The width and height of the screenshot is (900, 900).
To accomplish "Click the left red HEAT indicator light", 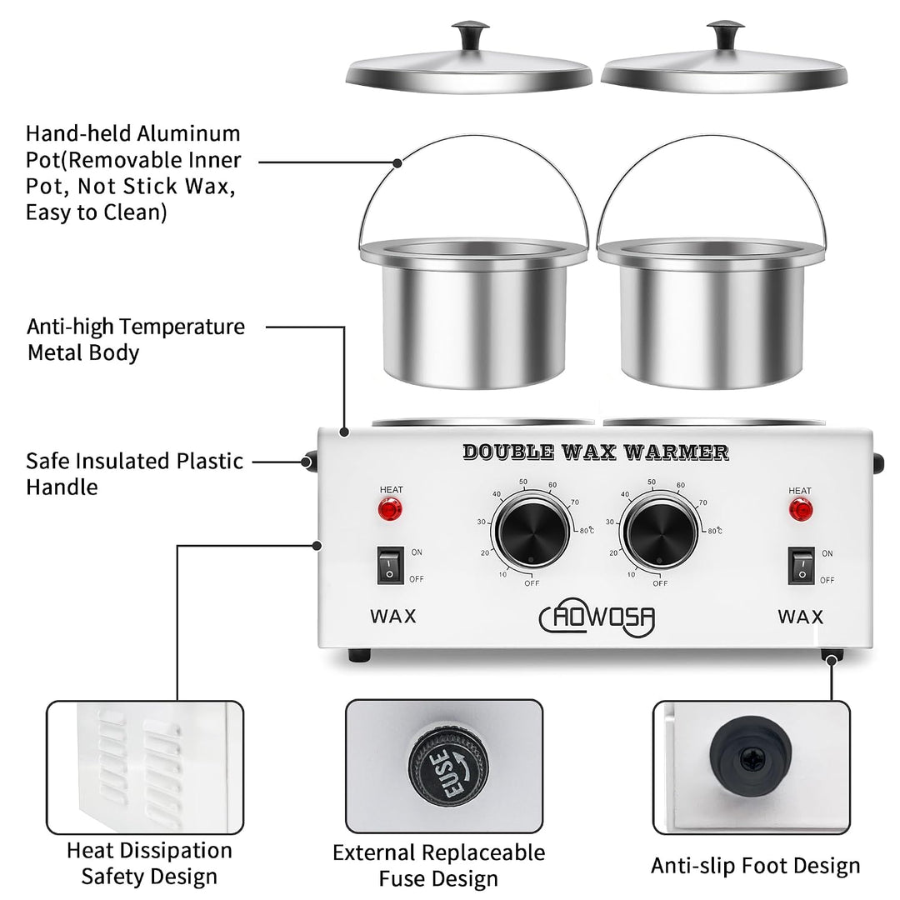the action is [x=390, y=509].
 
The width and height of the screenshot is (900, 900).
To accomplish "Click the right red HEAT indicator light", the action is [x=800, y=510].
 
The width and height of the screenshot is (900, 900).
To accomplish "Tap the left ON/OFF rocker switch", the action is [x=390, y=566].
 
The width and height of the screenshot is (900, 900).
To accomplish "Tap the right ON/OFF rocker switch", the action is [x=802, y=567].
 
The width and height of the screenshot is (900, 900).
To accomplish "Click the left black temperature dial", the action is [x=532, y=532].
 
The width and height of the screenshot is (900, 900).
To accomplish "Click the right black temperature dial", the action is [x=661, y=532].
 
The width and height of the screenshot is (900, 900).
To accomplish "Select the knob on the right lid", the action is [x=726, y=36].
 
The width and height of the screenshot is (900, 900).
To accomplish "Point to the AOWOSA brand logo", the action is [x=597, y=617].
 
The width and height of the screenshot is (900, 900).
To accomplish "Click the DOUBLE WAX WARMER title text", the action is [x=596, y=452].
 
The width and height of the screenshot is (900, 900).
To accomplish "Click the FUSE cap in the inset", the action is [x=448, y=767].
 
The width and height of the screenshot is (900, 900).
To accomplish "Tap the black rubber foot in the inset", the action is [x=751, y=757].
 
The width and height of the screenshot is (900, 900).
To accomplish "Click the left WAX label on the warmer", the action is [x=393, y=617].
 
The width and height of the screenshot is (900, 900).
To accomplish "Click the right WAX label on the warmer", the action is [x=801, y=617].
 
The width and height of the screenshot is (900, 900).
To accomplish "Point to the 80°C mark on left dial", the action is [x=587, y=530].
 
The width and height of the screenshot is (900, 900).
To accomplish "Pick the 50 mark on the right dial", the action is [x=652, y=482].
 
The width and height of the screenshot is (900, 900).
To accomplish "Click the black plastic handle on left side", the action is [x=311, y=462].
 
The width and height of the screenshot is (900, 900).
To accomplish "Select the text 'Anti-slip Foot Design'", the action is [x=755, y=866].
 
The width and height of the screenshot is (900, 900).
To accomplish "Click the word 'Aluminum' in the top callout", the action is [x=189, y=133].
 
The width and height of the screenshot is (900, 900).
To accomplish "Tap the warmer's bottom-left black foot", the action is [x=359, y=655].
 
